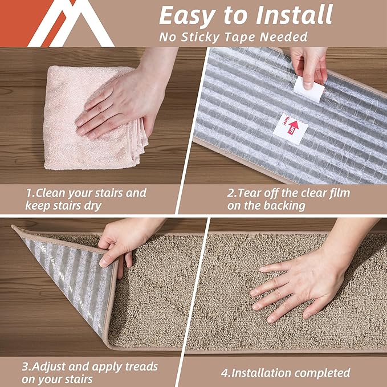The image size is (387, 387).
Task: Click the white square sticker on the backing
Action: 290,129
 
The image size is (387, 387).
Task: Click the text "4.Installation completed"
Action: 285,373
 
